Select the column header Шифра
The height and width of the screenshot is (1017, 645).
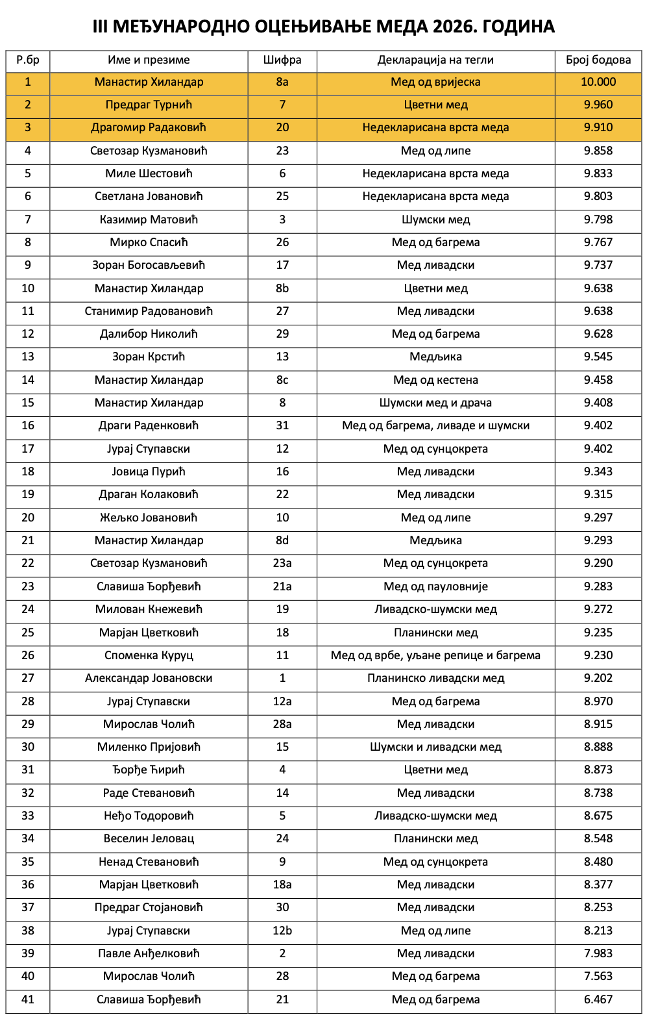(282, 60)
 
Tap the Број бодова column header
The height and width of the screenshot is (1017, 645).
(598, 60)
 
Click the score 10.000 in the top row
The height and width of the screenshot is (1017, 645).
(598, 82)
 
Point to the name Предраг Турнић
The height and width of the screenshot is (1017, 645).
(149, 105)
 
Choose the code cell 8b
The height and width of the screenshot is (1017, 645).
(282, 288)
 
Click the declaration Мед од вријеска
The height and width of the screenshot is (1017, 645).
(435, 82)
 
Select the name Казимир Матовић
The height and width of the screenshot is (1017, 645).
(149, 220)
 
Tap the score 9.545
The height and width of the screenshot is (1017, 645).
(598, 357)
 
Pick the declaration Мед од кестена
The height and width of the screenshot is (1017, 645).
(435, 380)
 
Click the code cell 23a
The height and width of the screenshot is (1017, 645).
(282, 563)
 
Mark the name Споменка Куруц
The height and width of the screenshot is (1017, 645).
(149, 655)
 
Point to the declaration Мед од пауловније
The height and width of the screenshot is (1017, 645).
(435, 586)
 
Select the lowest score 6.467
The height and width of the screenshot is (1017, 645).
(598, 999)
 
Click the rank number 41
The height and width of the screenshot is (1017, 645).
(28, 999)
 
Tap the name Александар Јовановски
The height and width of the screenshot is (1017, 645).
(149, 678)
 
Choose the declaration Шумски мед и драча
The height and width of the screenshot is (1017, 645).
(435, 403)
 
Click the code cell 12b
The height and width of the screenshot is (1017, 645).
(282, 931)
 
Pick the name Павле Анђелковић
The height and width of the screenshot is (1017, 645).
(149, 953)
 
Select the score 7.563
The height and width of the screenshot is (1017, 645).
(598, 976)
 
